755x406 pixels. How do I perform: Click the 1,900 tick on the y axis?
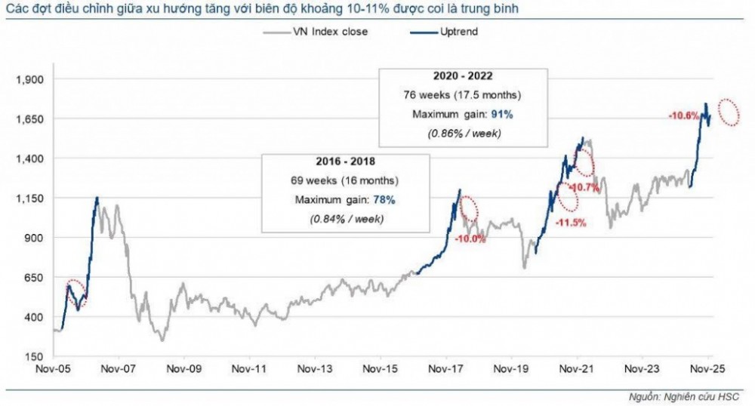[31, 80]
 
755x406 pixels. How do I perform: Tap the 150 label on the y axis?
[35, 357]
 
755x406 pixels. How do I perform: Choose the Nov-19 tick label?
[510, 370]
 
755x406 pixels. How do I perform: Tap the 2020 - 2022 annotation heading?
[462, 77]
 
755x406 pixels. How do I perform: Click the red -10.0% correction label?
[470, 239]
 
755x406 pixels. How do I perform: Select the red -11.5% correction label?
[570, 223]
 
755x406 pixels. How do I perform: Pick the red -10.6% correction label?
[683, 115]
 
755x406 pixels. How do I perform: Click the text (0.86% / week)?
[462, 133]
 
